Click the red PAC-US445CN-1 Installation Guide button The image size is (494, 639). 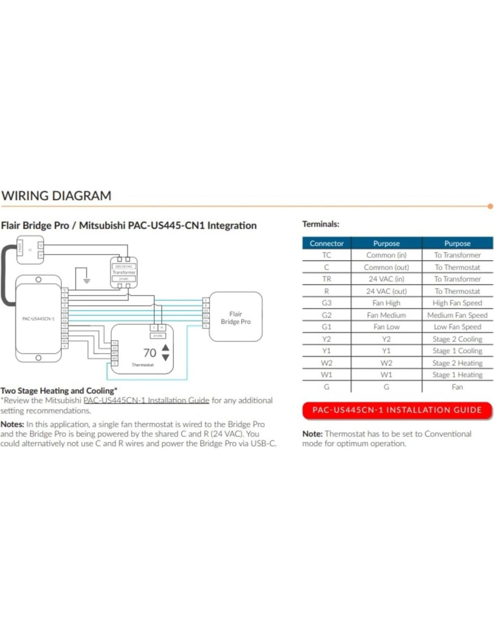(397, 410)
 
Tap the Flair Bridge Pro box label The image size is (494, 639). (235, 318)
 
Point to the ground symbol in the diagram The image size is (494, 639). (86, 280)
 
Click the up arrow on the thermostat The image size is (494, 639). (166, 347)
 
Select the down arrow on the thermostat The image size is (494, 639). (166, 358)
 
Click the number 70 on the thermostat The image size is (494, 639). (150, 353)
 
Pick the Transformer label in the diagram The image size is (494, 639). (124, 272)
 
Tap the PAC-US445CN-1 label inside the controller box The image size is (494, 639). (38, 319)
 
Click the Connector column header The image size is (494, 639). (326, 243)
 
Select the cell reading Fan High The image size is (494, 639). (386, 303)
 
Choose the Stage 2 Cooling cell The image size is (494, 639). (457, 339)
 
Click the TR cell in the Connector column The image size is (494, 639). (326, 279)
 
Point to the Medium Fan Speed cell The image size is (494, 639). (457, 315)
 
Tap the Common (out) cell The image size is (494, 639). (386, 267)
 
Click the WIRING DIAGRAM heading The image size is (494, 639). (56, 196)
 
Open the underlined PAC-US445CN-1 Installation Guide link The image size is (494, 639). (146, 400)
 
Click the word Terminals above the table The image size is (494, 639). (321, 224)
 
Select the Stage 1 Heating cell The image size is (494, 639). (457, 375)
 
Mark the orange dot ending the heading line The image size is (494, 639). (490, 206)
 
